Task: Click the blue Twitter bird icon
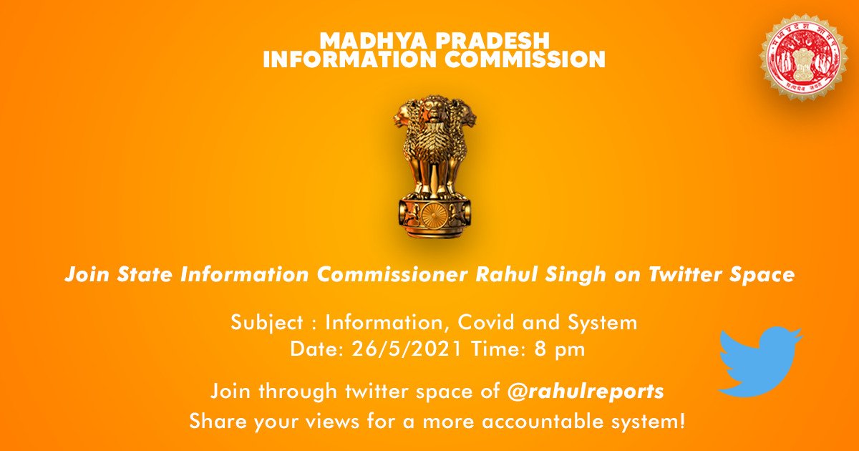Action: (760, 360)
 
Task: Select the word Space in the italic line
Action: (764, 276)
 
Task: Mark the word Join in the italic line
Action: (83, 275)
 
